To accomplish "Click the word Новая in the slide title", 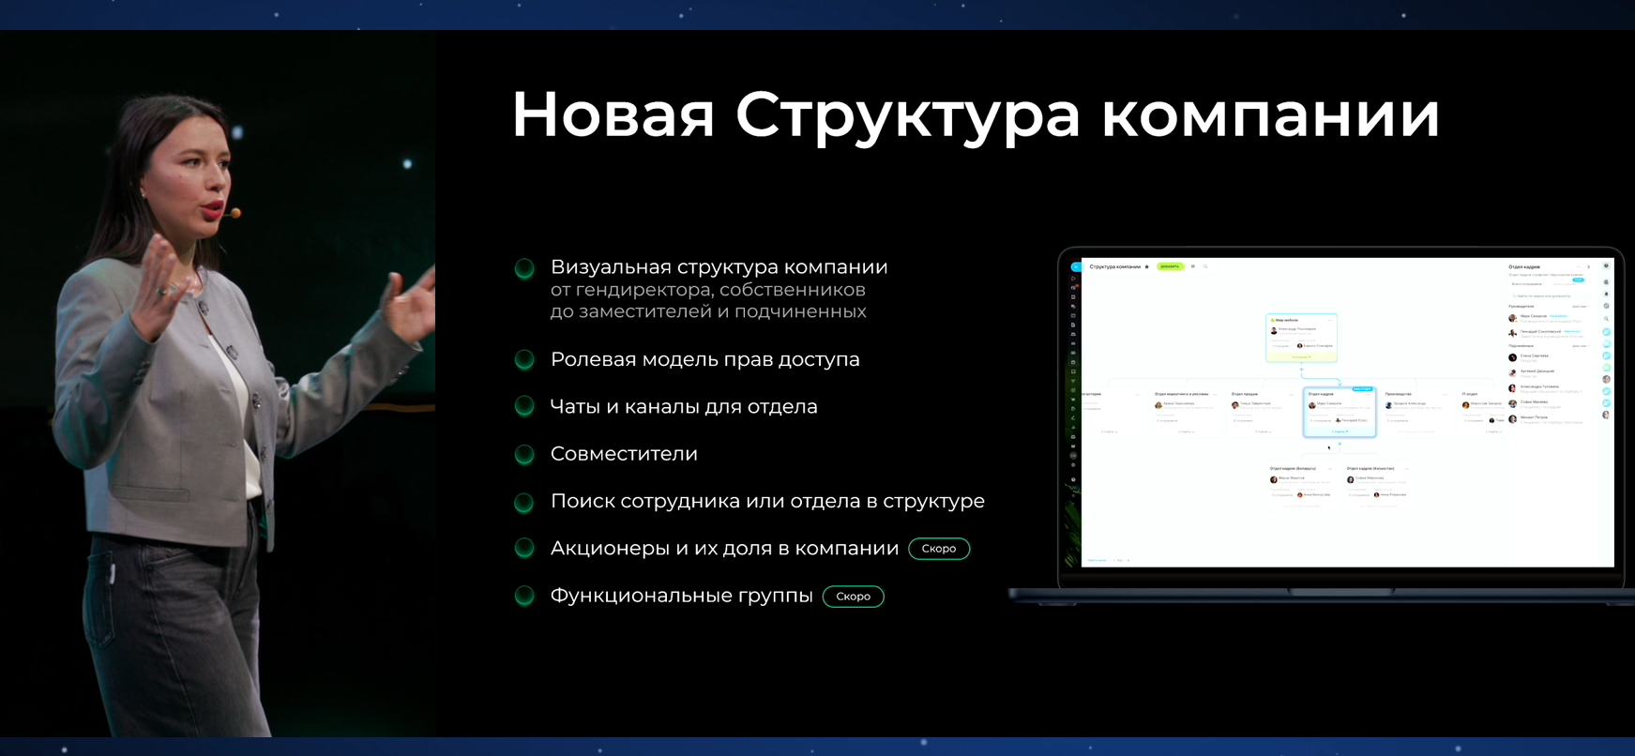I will coord(613,115).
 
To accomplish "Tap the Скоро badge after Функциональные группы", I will coord(853,597).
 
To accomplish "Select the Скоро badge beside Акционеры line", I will coord(939,549).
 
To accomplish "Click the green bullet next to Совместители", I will coord(525,455).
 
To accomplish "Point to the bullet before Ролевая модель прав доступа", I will coord(525,360).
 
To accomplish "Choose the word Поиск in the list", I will coord(582,502).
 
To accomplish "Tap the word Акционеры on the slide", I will coord(609,549).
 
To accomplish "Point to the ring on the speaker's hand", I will coord(162,292).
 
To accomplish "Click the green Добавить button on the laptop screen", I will coord(1169,266).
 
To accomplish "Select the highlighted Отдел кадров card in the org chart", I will coord(1339,412).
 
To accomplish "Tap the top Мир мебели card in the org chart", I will coord(1301,337).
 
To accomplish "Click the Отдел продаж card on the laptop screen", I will coord(1262,411).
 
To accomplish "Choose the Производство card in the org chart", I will coord(1415,411).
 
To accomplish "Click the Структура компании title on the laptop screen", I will coord(1114,266).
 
